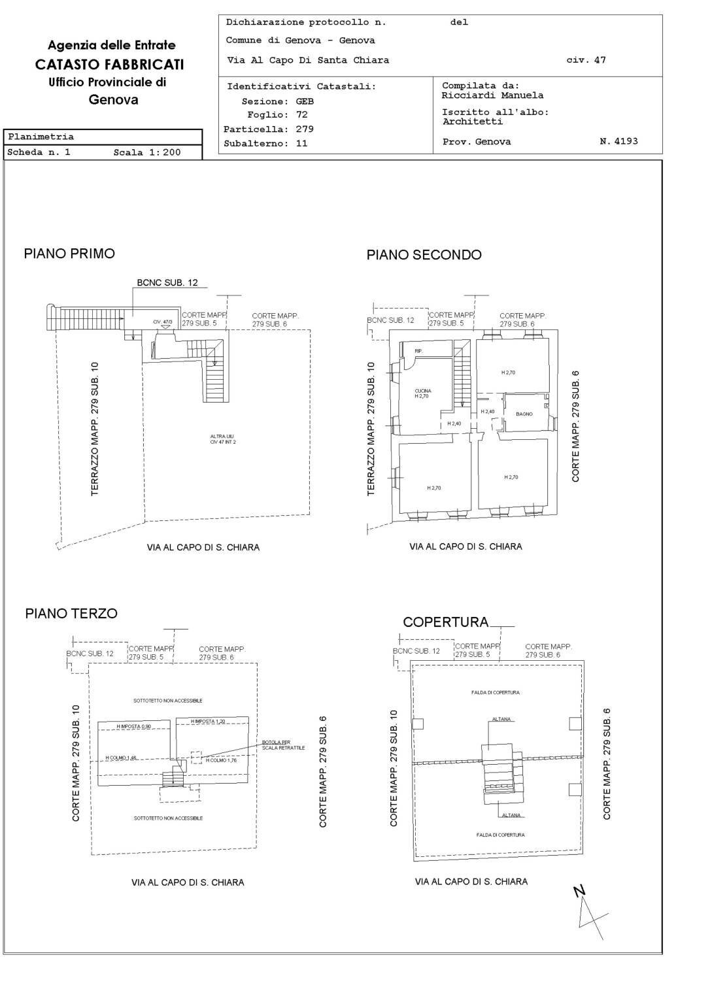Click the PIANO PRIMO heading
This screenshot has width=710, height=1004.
pyautogui.click(x=69, y=254)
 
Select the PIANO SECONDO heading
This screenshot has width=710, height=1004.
pyautogui.click(x=424, y=255)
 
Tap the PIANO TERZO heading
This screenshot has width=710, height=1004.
pyautogui.click(x=71, y=613)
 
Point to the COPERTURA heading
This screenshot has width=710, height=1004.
pyautogui.click(x=445, y=622)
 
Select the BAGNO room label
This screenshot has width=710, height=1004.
pyautogui.click(x=524, y=414)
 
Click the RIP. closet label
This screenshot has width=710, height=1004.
pyautogui.click(x=418, y=351)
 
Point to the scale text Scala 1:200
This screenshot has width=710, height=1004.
pyautogui.click(x=146, y=152)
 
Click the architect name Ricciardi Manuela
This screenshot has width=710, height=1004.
pyautogui.click(x=492, y=95)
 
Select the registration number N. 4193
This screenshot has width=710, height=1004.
pyautogui.click(x=618, y=141)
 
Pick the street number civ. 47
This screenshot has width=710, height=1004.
pyautogui.click(x=586, y=60)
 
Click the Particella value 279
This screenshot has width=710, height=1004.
pyautogui.click(x=305, y=129)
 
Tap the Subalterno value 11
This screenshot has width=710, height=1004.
pyautogui.click(x=301, y=143)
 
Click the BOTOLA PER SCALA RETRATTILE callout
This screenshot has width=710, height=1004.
pyautogui.click(x=282, y=745)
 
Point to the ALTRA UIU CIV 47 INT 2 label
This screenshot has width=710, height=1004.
pyautogui.click(x=223, y=439)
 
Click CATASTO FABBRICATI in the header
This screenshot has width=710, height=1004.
pyautogui.click(x=109, y=64)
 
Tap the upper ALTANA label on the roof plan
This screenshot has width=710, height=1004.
pyautogui.click(x=501, y=719)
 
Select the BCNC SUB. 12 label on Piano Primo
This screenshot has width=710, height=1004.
pyautogui.click(x=167, y=283)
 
